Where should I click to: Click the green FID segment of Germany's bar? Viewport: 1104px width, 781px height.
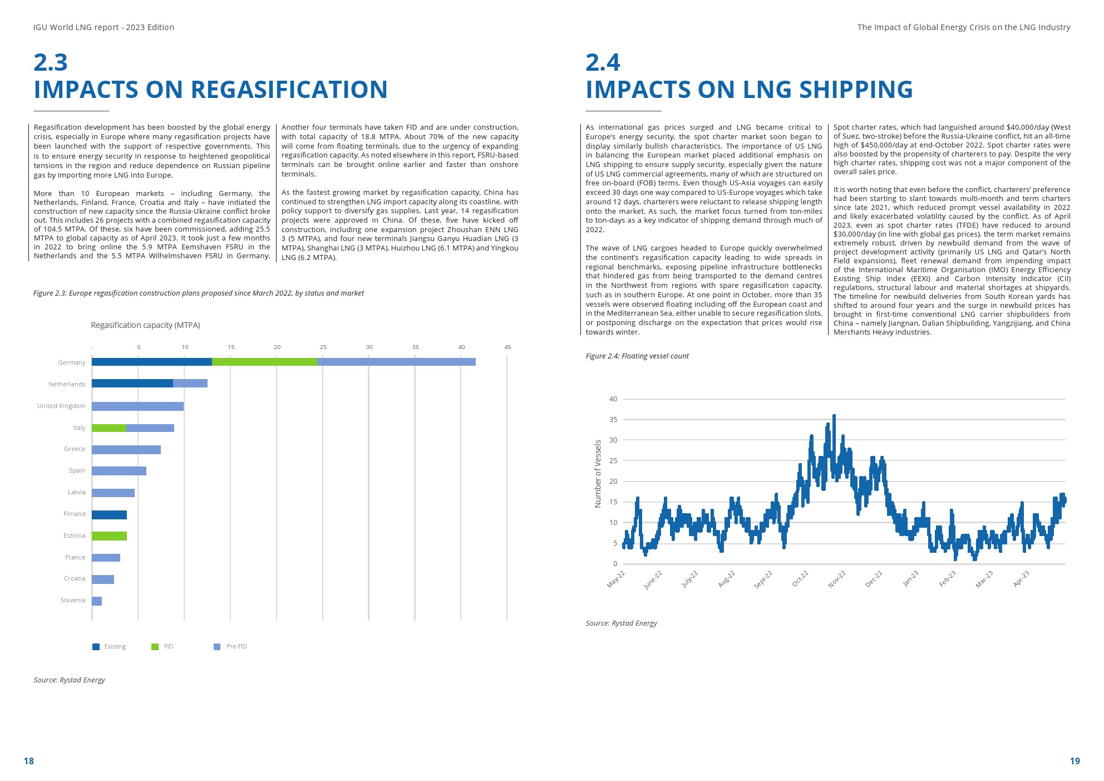pos(264,362)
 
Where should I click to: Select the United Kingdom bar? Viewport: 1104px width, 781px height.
pos(137,406)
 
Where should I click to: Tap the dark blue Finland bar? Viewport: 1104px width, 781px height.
pos(109,515)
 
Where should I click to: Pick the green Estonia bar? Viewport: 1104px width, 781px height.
pos(109,536)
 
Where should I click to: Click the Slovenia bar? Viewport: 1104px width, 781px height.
pos(97,601)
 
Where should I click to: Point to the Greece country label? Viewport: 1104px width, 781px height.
pos(75,449)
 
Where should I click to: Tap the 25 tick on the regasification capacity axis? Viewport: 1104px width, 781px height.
pos(323,347)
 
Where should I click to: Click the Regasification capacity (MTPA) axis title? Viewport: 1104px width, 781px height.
pos(145,325)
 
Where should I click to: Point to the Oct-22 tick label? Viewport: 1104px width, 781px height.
pos(800,578)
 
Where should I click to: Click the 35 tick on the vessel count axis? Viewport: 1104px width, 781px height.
pos(613,420)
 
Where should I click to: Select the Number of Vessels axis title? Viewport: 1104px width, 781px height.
pos(598,474)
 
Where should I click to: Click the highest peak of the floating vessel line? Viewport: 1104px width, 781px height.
pos(834,416)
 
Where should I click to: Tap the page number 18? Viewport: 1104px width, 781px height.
pos(29,761)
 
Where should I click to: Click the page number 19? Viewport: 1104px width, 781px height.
pos(1075,761)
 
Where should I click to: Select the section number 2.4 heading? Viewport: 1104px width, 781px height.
pos(603,62)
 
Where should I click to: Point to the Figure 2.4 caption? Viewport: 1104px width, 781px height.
pos(637,356)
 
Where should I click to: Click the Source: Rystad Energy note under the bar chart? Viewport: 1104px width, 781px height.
pos(70,680)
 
